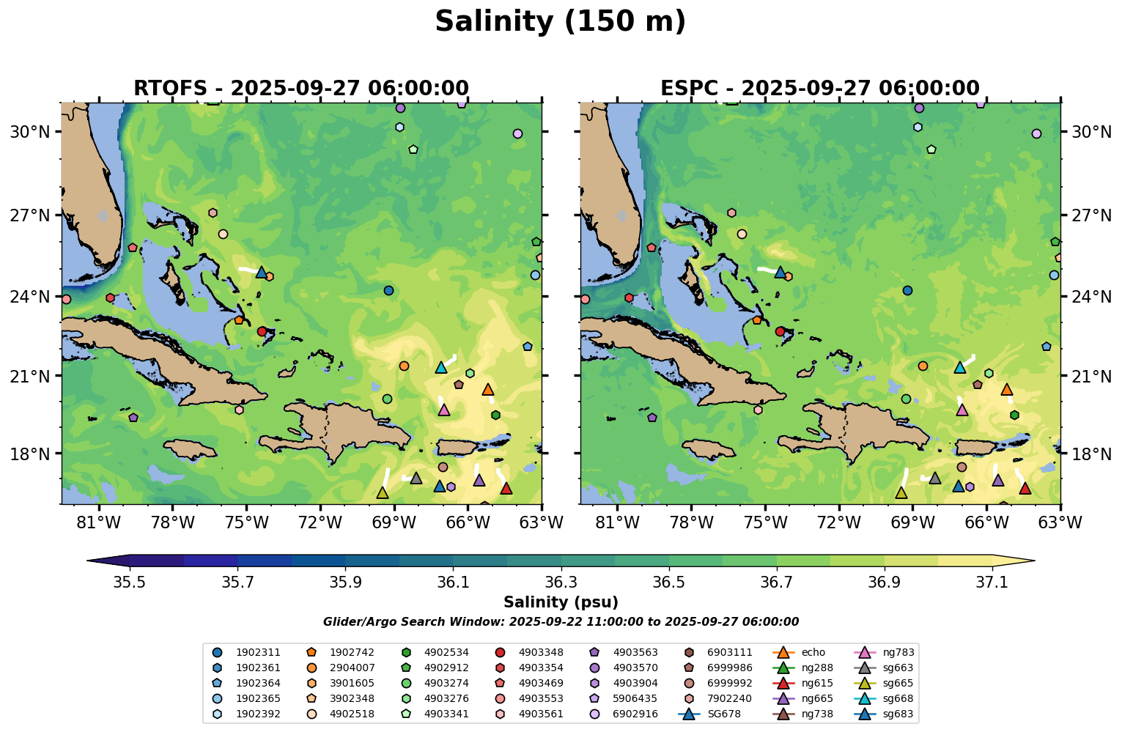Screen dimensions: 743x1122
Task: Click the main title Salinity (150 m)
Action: tap(560, 22)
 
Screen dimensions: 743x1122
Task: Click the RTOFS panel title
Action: tap(300, 89)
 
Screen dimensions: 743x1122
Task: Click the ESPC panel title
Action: tap(819, 89)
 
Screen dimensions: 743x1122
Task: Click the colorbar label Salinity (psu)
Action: tap(561, 602)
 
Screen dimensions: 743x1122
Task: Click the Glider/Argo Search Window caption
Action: tap(561, 622)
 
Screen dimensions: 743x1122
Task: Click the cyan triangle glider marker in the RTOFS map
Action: tap(441, 367)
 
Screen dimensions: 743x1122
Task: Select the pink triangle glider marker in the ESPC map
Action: tap(962, 410)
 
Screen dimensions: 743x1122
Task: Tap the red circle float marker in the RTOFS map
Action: tap(262, 331)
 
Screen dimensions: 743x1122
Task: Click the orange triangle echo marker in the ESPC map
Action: tap(1007, 389)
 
